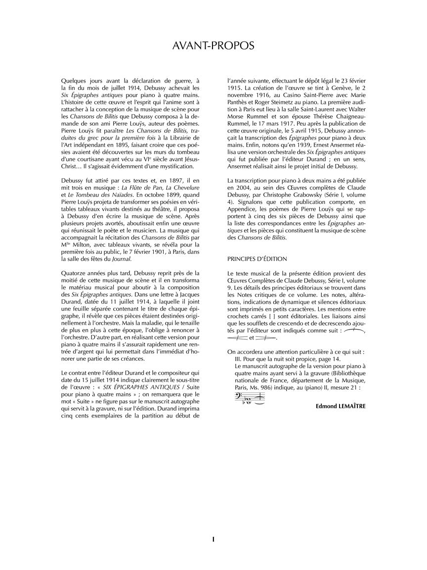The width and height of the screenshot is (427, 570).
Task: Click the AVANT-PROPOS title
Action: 213,46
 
